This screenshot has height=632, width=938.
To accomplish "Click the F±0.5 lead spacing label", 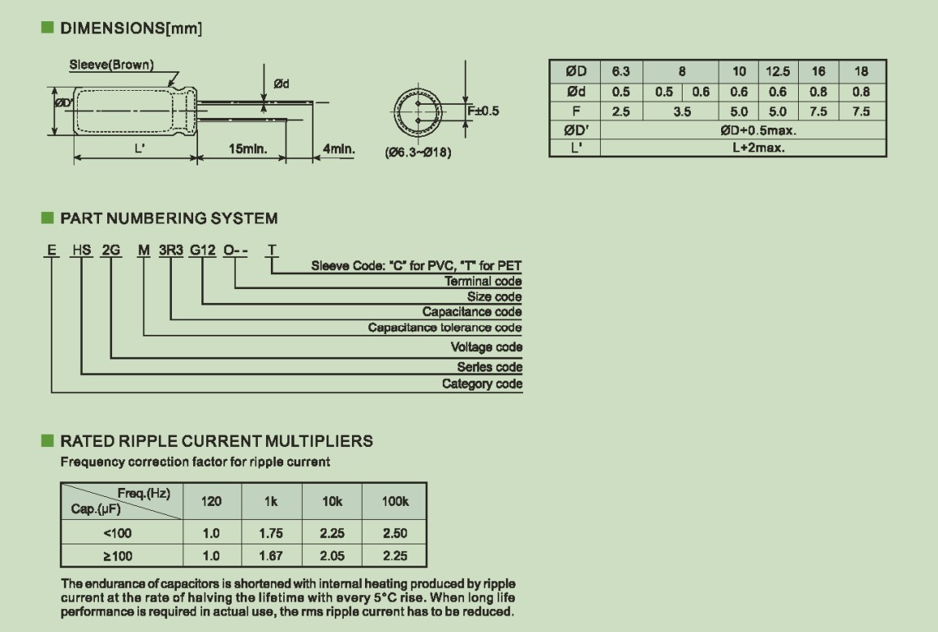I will coord(483,111).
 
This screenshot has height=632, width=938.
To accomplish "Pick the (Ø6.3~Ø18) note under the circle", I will coord(417,152).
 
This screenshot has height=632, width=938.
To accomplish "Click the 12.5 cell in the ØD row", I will coord(777,72).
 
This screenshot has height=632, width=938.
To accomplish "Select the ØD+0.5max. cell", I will coord(758,130).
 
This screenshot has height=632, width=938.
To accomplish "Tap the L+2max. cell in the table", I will coord(758,148).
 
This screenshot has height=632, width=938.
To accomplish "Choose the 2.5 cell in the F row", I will coord(621,111).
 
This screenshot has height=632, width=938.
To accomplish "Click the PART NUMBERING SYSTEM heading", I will coord(169,219).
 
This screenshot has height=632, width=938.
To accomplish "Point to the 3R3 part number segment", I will coord(170,250).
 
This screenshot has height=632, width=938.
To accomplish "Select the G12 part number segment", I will coord(202,250).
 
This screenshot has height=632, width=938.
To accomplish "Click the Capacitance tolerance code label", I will coord(444,328).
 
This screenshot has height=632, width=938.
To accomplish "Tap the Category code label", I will coord(482,384).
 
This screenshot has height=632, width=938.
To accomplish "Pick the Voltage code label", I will coord(486,347).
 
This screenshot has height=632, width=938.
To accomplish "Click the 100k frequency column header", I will coord(395,501).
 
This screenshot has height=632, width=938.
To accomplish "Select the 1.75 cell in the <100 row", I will coord(271,533).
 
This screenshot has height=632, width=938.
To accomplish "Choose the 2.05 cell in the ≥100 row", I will coord(332,556).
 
